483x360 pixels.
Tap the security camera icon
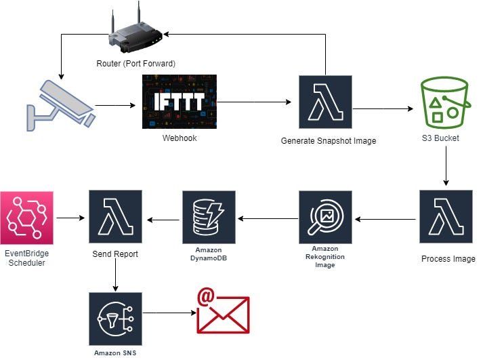[60, 104]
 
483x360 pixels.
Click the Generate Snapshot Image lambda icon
[325, 102]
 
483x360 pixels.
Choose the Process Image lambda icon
[446, 217]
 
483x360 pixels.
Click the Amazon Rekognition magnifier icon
[325, 217]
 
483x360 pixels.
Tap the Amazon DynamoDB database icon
[208, 217]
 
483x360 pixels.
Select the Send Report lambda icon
[115, 217]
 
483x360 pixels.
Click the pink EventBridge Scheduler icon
[26, 218]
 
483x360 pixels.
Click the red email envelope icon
[223, 312]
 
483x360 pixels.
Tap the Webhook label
[180, 138]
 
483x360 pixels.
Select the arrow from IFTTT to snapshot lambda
[254, 102]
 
